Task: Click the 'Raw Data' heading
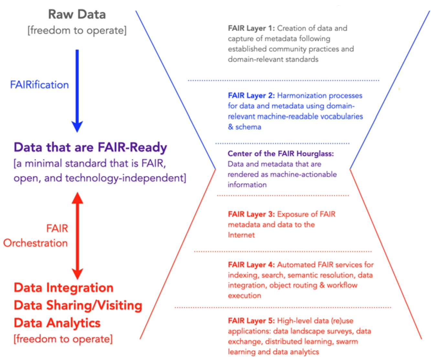tap(77, 15)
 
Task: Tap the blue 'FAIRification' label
tap(39, 85)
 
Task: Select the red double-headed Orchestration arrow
tap(77, 236)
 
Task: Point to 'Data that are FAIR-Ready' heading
tap(90, 147)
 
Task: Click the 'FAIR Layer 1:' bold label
tap(251, 28)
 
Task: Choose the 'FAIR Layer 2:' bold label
tap(251, 96)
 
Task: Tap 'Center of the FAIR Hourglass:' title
tap(281, 154)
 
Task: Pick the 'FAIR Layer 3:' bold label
tap(251, 214)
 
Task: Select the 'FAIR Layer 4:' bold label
tap(251, 265)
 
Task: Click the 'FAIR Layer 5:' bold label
tap(251, 321)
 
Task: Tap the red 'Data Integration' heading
tap(64, 288)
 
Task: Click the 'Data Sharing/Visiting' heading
tap(78, 305)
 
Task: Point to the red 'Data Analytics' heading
tap(57, 323)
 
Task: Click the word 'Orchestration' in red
tap(36, 243)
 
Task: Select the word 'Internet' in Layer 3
tap(241, 235)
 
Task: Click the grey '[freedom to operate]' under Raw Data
tap(77, 30)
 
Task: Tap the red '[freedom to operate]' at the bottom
tap(63, 339)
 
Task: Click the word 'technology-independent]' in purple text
tap(126, 178)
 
